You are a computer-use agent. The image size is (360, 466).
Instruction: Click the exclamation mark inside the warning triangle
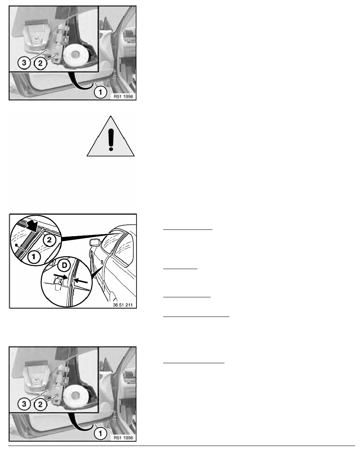pos(111,139)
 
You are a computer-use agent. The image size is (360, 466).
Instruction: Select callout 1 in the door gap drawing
pos(34,256)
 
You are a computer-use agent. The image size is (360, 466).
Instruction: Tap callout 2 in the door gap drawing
pos(49,240)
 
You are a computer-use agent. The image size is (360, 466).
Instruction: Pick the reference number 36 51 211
pos(123,305)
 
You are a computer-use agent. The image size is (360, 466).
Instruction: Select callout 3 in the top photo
pos(24,63)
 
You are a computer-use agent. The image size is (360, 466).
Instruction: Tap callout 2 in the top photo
pos(40,63)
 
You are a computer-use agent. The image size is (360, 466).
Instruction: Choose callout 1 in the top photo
pos(100,92)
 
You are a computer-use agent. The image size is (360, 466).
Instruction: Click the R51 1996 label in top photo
pos(124,96)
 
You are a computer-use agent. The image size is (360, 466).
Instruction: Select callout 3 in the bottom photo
pos(24,404)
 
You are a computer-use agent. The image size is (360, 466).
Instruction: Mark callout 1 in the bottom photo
pos(100,433)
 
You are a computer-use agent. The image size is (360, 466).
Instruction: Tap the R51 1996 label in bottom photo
pos(124,437)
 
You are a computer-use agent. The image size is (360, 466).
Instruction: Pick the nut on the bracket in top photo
pos(36,38)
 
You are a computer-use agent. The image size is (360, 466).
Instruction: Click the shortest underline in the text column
pos(180,269)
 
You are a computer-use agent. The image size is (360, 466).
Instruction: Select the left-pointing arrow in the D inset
pos(81,280)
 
